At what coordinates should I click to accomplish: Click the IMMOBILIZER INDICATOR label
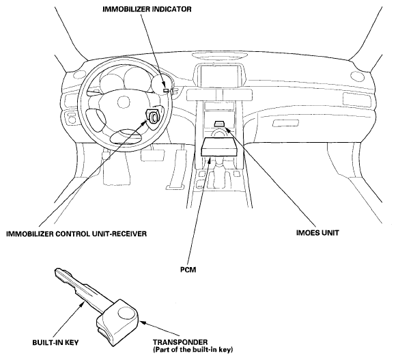tap(147, 9)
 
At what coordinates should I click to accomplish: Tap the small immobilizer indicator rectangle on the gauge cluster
tap(165, 90)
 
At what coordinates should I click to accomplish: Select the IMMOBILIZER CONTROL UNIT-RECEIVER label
tap(76, 234)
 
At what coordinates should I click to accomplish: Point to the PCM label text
tap(188, 269)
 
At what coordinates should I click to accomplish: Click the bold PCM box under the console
tap(219, 147)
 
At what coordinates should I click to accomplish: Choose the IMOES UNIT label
tap(317, 233)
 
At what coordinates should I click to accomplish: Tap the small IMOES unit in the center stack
tap(219, 124)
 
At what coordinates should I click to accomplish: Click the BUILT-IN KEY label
tap(55, 342)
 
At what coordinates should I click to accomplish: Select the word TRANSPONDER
tap(180, 342)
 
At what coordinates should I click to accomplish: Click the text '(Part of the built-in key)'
tap(193, 350)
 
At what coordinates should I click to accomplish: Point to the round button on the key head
tap(125, 313)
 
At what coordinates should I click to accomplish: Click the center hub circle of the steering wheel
tap(124, 102)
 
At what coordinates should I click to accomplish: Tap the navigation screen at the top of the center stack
tap(218, 76)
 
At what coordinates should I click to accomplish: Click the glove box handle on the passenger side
tap(285, 124)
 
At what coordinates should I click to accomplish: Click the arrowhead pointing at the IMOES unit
tap(228, 130)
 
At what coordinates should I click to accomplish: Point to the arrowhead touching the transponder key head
tap(143, 323)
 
